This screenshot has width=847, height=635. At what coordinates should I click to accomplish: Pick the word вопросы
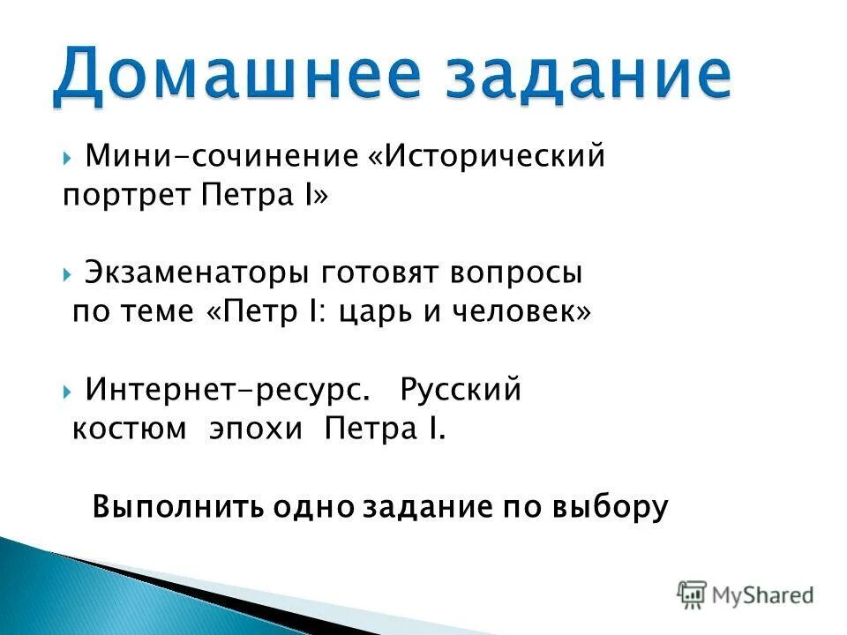pos(518,273)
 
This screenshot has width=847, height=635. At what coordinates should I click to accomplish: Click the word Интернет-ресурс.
pos(228,389)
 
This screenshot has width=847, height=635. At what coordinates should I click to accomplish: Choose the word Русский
pos(461,389)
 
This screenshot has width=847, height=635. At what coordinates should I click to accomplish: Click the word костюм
pos(129,430)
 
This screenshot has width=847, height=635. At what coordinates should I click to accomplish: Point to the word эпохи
pos(256,430)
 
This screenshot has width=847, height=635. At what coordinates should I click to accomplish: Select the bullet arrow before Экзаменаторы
pos(68,274)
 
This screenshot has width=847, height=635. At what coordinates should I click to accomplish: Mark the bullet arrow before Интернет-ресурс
pos(68,391)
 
